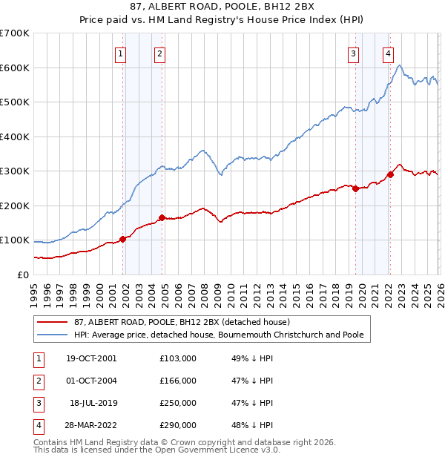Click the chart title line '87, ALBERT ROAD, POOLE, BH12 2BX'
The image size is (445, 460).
coord(222,7)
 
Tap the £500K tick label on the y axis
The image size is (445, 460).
coord(14,102)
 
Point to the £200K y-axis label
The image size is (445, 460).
coord(14,206)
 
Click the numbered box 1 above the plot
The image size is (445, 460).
coord(120,53)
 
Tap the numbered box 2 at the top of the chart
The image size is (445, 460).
coord(159,53)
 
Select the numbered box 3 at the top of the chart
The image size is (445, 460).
coord(354,53)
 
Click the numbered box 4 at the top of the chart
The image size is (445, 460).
coord(389,53)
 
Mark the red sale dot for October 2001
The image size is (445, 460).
coord(123,239)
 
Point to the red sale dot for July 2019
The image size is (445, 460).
coord(355,188)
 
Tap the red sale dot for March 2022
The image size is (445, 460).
coord(390,174)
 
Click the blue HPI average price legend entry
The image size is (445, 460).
coord(219,335)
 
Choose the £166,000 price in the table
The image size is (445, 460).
coord(178,381)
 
